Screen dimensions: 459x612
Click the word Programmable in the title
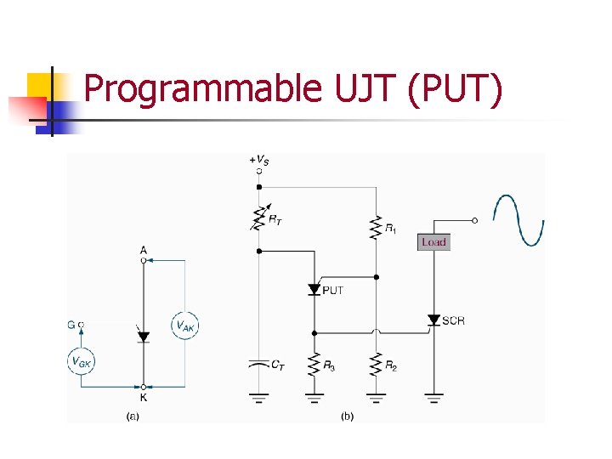(200, 89)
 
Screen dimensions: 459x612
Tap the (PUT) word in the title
(456, 89)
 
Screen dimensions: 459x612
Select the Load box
(433, 242)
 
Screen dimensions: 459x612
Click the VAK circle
(185, 324)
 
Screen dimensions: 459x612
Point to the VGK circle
(82, 361)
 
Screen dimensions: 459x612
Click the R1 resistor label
(390, 228)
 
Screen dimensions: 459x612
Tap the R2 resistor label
(391, 367)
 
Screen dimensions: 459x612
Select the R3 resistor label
(329, 367)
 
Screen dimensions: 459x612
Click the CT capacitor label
(278, 365)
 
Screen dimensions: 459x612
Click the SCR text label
(454, 320)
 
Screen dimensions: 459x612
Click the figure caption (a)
(133, 416)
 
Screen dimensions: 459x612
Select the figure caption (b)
(347, 416)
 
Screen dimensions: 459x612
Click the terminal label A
(143, 250)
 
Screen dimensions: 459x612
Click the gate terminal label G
(71, 324)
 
